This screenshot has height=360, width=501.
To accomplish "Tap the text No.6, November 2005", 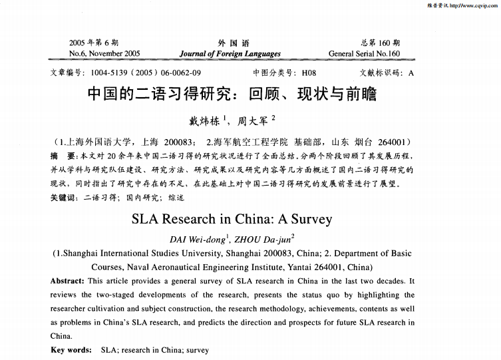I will (x=104, y=53).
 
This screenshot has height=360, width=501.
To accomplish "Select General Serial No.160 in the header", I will (x=364, y=53).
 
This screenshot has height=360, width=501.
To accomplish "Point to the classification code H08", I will (x=308, y=73).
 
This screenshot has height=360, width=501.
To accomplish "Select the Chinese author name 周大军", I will (x=253, y=121).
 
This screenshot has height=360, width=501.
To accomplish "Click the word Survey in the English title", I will (x=308, y=218).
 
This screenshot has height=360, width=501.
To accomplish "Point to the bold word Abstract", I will (x=67, y=281).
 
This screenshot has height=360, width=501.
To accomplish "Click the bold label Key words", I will (x=71, y=350).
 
